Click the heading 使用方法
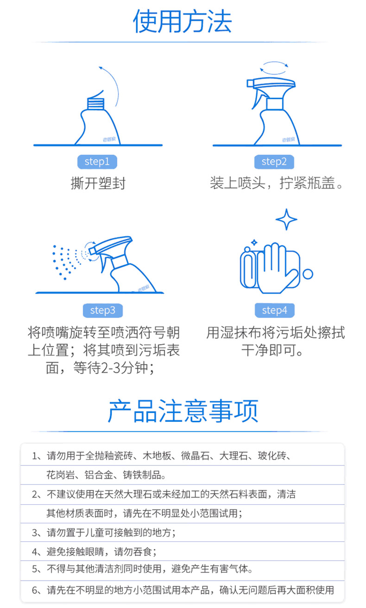point(183,21)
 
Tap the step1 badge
point(97,162)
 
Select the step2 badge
point(274,162)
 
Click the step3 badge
point(103,310)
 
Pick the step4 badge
point(275,310)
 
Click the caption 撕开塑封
point(98,183)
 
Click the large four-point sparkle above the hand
point(286,219)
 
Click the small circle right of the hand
point(308,274)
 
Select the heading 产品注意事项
point(183,411)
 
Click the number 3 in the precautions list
point(34,532)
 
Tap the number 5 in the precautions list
point(34,569)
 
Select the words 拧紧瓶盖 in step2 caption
point(308,183)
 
